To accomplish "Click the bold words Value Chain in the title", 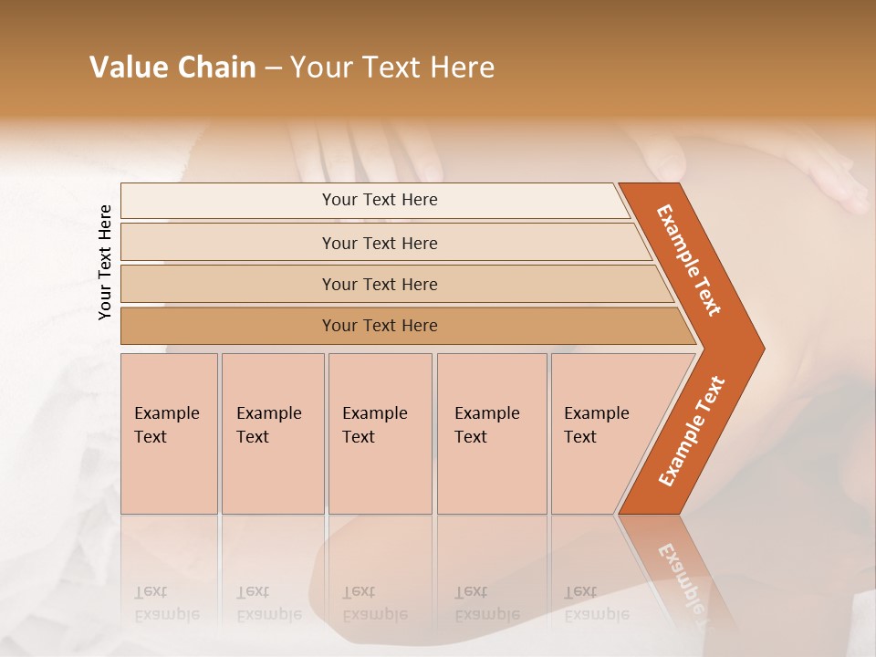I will (172, 68).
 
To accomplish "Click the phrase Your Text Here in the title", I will (392, 68).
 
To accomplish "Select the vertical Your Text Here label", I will (106, 262).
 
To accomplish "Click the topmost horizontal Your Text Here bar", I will (379, 200).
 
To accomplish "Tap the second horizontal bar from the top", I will (379, 243).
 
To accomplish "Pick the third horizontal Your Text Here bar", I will (379, 284).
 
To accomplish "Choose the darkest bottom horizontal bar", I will (379, 326).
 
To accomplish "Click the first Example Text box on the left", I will (169, 433).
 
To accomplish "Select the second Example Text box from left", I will (272, 433).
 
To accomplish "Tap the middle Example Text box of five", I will (380, 433).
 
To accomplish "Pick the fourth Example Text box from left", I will (491, 433).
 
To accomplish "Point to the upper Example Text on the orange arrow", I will (689, 260).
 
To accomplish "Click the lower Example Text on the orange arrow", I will (691, 432).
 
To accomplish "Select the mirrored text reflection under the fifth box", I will (596, 603).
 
